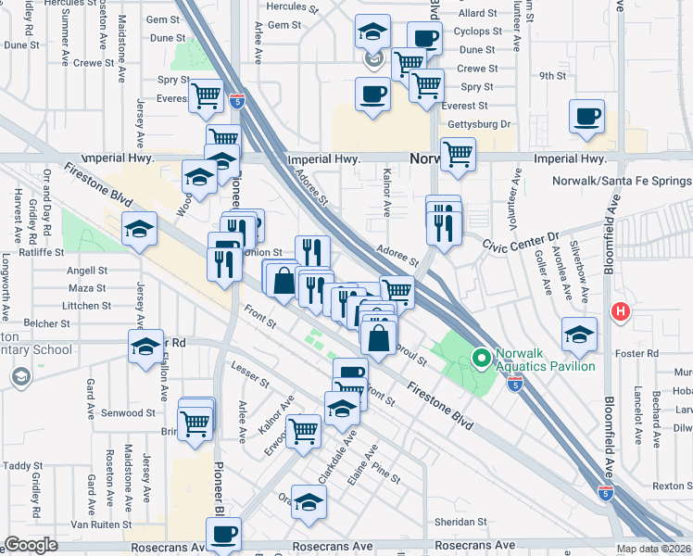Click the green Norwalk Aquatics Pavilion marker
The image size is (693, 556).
coord(481,357)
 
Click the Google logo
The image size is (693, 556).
coord(31,545)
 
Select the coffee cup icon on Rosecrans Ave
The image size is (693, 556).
coord(223,535)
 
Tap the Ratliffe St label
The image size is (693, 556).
coord(32,251)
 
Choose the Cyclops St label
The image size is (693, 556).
coord(479,32)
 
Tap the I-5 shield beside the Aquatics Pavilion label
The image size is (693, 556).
coord(515,382)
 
